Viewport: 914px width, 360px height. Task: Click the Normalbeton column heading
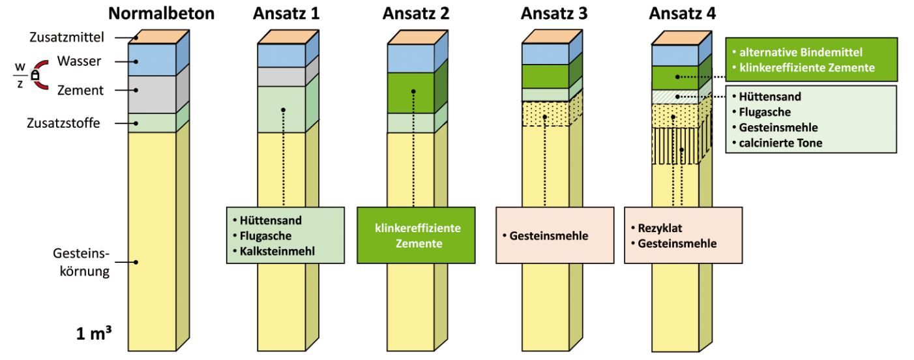click(x=161, y=14)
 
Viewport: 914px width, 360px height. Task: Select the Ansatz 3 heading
click(x=553, y=14)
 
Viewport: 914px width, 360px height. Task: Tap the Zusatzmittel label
click(x=66, y=37)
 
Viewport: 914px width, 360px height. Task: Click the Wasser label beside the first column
click(x=79, y=61)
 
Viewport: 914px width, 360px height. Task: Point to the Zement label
click(x=80, y=90)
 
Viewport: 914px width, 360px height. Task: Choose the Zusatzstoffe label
click(x=63, y=123)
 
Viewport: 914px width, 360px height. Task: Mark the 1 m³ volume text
click(x=94, y=333)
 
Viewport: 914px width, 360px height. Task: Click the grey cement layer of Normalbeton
click(x=152, y=95)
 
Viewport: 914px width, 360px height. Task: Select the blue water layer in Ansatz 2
click(x=411, y=58)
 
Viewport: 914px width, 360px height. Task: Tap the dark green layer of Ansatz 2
click(x=411, y=93)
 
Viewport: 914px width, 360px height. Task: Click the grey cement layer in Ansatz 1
click(x=281, y=77)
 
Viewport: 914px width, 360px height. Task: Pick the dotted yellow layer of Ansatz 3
click(x=546, y=113)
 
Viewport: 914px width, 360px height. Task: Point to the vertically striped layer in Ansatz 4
click(x=675, y=145)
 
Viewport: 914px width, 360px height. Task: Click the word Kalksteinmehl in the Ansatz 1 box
click(x=277, y=251)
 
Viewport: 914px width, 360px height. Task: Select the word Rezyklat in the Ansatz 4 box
click(x=660, y=228)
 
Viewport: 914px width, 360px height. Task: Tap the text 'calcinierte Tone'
click(x=780, y=143)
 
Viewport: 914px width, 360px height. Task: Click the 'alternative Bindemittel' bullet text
click(x=801, y=52)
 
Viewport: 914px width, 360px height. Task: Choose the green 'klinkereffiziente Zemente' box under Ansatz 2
click(x=416, y=235)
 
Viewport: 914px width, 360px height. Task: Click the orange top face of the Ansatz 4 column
click(x=681, y=38)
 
